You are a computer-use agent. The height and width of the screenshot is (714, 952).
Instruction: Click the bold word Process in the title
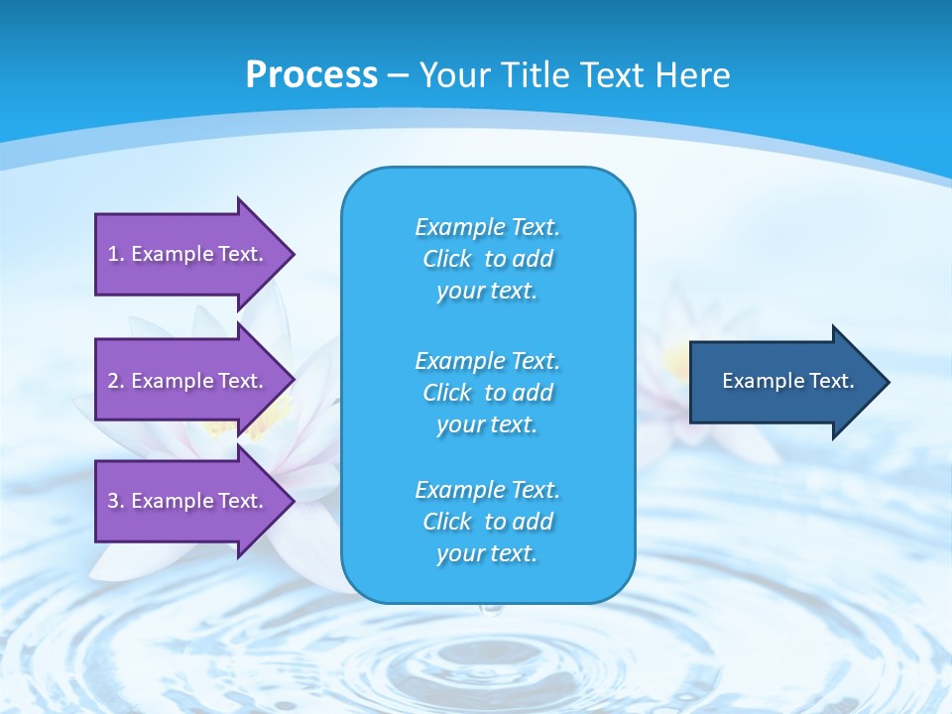coord(311,74)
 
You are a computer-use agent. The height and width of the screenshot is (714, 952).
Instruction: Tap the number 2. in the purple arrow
coord(116,381)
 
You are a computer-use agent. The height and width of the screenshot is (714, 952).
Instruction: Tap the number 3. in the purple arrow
coord(116,501)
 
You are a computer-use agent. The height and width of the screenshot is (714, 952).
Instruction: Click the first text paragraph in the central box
coord(487,259)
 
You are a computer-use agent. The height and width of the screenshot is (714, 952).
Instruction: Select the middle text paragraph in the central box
coord(487,392)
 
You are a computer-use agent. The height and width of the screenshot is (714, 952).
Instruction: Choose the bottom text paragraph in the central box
coord(487,522)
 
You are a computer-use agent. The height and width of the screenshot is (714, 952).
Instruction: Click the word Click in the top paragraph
coord(446,259)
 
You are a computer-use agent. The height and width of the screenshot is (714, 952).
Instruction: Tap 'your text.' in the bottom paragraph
coord(487,554)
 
